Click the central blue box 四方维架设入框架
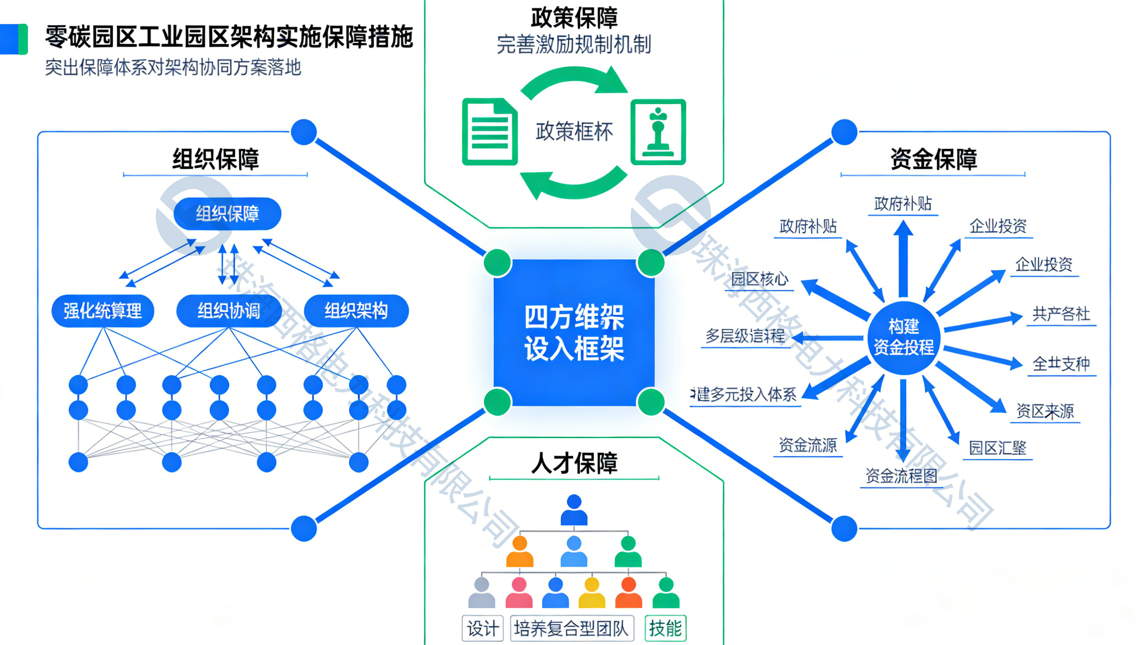coord(574,332)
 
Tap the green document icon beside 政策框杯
coord(490,132)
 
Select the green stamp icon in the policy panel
coord(658,132)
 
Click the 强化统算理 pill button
coord(103,311)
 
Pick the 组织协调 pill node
coord(229,311)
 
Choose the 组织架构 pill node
coord(356,311)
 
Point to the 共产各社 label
coord(1061,314)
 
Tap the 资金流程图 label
coord(901,476)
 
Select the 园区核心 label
coord(759,279)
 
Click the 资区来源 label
coord(1045,411)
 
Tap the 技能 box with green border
coord(665,629)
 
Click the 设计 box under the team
coord(483,629)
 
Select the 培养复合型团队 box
coord(571,629)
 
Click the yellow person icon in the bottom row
coord(592,592)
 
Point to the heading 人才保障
coord(574,463)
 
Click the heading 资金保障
coord(933,159)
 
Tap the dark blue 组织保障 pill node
coord(227,214)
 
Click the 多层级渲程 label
coord(745,335)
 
